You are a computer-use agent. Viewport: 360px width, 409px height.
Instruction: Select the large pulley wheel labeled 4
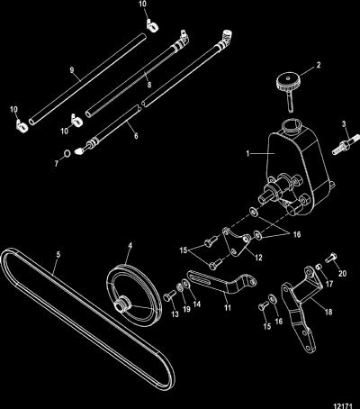point(134,295)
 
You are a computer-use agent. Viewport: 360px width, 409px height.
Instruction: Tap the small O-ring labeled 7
point(67,154)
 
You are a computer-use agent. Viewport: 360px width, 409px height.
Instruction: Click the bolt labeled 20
point(330,258)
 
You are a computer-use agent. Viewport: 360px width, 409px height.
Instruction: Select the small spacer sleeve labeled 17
point(319,266)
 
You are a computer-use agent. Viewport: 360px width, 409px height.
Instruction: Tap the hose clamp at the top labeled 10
point(152,27)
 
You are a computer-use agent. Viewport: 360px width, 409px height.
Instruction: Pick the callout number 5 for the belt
point(58,254)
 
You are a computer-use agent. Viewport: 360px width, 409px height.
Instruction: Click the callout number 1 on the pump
point(247,153)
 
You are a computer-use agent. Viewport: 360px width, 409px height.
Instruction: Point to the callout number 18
point(328,312)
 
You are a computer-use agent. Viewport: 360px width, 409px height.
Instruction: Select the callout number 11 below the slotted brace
point(228,307)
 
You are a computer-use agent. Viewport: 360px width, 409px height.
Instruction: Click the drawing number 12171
point(343,405)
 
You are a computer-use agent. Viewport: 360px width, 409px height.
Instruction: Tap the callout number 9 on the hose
point(72,70)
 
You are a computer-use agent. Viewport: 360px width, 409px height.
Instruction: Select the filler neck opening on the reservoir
point(291,125)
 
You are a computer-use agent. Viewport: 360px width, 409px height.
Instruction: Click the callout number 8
point(149,85)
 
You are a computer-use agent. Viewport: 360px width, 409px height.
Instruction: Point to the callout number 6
point(136,136)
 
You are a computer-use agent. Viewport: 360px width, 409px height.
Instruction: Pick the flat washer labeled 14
point(185,283)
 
